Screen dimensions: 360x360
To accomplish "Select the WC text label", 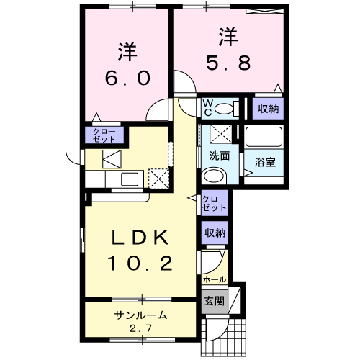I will tap(205, 108).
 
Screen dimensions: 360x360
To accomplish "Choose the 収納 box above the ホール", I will tap(214, 233).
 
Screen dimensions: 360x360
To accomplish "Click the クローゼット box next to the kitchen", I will tap(104, 135).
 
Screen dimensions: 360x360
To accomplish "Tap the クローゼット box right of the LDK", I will tap(214, 203).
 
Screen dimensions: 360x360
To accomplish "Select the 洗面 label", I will tap(220, 155).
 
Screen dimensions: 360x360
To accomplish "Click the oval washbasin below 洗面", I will tap(213, 176).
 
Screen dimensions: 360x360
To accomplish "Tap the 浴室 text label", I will tap(264, 163).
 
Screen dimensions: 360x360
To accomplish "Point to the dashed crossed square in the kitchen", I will tap(157, 176).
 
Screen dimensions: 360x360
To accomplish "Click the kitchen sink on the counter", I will tap(130, 178).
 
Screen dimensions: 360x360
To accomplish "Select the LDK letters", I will tap(140, 238).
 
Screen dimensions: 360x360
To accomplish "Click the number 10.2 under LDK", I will tap(140, 264).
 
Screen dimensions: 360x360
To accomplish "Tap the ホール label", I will tap(214, 279).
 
